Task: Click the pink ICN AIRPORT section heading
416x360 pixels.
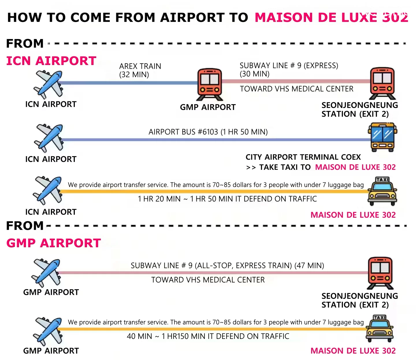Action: tap(51, 61)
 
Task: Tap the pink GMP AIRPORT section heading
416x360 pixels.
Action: tap(53, 243)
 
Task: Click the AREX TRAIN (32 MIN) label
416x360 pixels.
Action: tap(140, 70)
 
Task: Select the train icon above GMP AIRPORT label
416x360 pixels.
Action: tap(209, 84)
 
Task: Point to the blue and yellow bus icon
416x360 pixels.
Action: tap(382, 137)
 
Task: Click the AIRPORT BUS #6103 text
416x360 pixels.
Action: tap(183, 132)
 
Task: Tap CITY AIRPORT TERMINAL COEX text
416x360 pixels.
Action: tap(303, 157)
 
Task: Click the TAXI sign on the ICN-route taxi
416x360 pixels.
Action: tap(382, 179)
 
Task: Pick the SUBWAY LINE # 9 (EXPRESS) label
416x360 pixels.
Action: tap(289, 66)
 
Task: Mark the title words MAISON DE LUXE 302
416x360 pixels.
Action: tap(331, 17)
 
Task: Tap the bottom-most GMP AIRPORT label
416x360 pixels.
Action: tap(51, 351)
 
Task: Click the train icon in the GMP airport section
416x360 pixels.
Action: tap(380, 273)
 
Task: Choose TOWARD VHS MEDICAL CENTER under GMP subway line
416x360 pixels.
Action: tap(208, 280)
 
